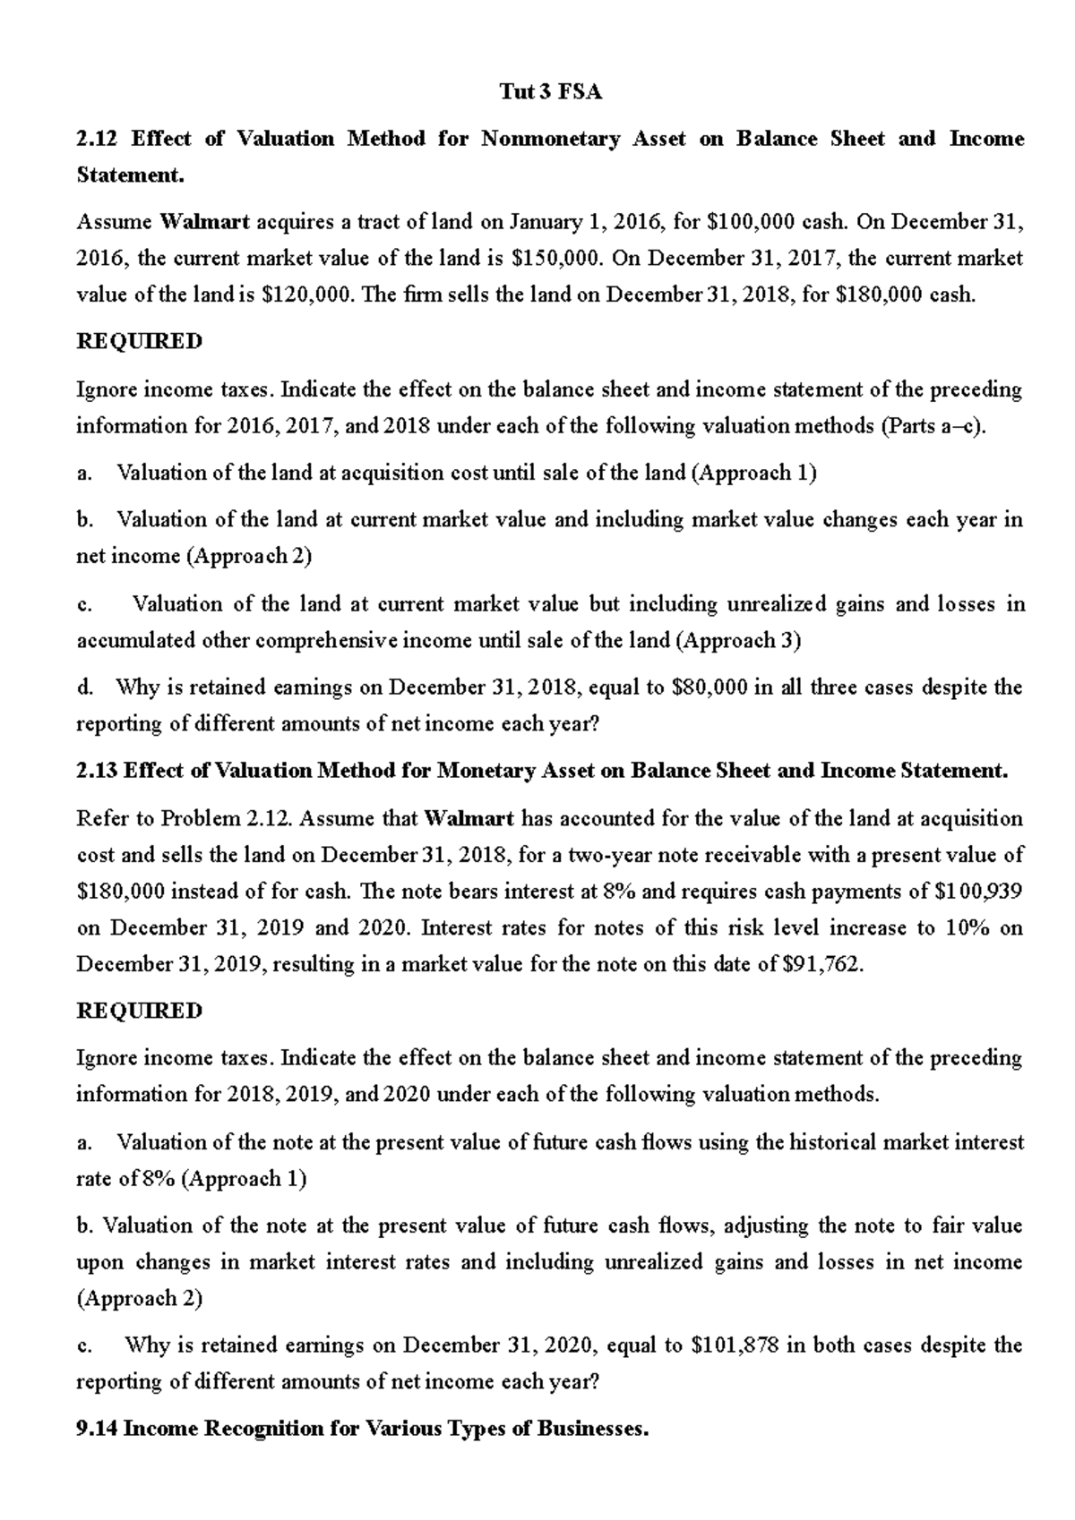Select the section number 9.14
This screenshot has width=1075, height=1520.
coord(97,1429)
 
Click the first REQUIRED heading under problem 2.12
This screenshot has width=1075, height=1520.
coord(140,342)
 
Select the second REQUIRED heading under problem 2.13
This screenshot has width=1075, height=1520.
coord(140,1011)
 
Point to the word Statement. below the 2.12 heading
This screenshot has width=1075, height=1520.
coord(131,175)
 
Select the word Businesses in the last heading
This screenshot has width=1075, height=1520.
coord(593,1429)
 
